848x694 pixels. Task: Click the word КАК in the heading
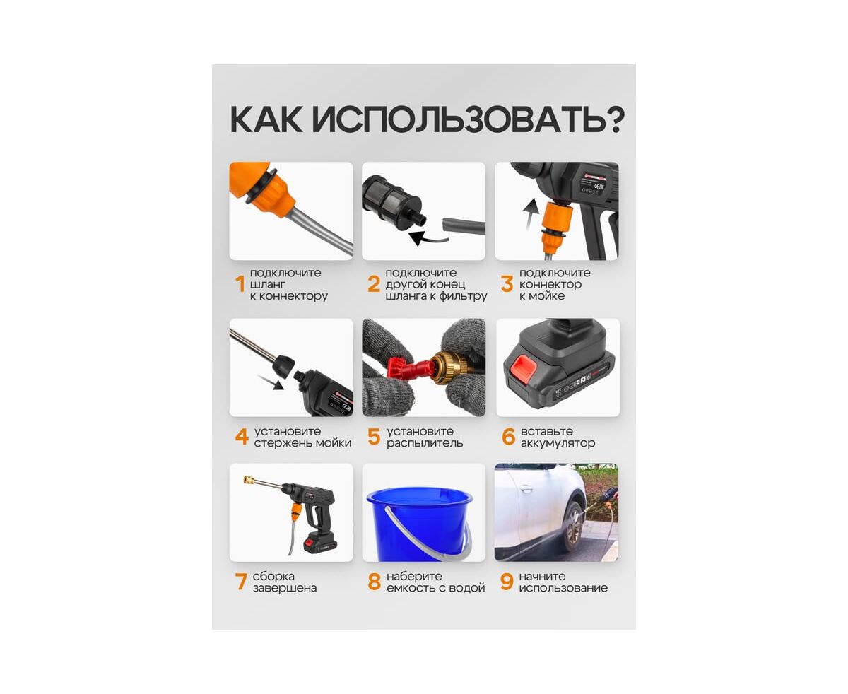pyautogui.click(x=266, y=120)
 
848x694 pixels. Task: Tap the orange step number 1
pyautogui.click(x=240, y=284)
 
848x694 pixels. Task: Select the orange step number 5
pyautogui.click(x=374, y=436)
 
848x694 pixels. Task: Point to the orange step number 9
pyautogui.click(x=507, y=582)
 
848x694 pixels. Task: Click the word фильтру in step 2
pyautogui.click(x=463, y=296)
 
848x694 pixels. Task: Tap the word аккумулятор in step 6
pyautogui.click(x=558, y=442)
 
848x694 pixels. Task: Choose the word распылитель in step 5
pyautogui.click(x=425, y=442)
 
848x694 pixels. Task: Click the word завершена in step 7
pyautogui.click(x=285, y=587)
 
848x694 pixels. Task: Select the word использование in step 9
pyautogui.click(x=563, y=587)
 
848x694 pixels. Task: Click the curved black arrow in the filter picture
pyautogui.click(x=429, y=238)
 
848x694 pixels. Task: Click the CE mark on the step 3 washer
pyautogui.click(x=599, y=187)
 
